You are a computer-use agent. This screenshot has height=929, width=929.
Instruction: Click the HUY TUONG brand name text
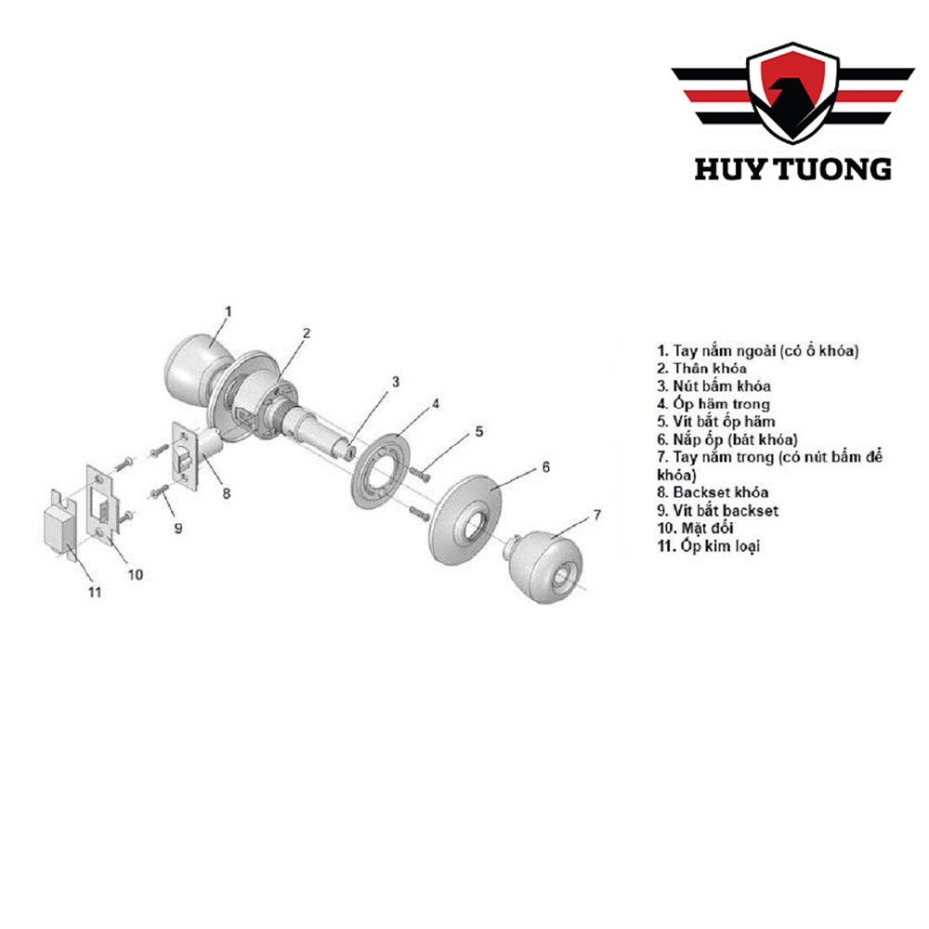pos(792,168)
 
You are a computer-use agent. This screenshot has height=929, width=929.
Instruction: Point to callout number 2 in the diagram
pos(306,332)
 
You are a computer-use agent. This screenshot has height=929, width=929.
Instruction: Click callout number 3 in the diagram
pos(395,381)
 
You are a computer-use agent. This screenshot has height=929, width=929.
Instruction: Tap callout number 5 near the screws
pos(479,431)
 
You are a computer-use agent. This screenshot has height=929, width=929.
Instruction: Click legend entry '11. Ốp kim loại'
pos(708,546)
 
